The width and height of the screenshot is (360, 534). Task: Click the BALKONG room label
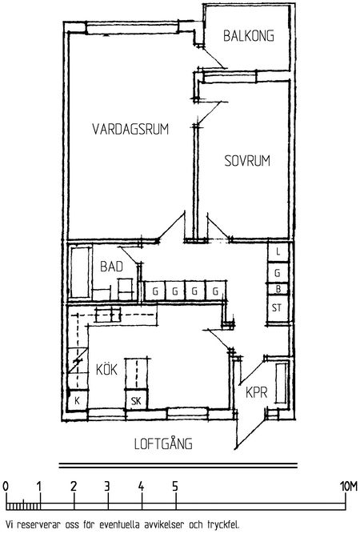(x=248, y=36)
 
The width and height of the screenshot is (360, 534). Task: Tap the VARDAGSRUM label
(x=130, y=129)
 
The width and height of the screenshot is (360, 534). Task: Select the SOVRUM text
(x=247, y=161)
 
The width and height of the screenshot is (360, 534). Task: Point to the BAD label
(x=111, y=267)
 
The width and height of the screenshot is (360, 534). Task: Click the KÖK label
(x=106, y=369)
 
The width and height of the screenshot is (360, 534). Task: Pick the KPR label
(x=257, y=392)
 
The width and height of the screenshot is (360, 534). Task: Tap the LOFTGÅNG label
(x=163, y=444)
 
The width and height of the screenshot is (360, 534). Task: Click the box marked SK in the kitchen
(x=136, y=400)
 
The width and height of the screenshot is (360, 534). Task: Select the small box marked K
(x=78, y=400)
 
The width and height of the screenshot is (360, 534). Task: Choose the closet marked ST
(x=278, y=308)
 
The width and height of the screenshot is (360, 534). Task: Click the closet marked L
(x=278, y=251)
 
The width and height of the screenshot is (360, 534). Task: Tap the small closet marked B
(x=278, y=289)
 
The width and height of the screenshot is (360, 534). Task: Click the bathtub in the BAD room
(x=80, y=272)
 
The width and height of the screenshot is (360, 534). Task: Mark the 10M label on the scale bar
(x=349, y=487)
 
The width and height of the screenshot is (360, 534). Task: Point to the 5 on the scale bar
(x=175, y=487)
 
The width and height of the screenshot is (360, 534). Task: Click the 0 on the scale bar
(x=5, y=487)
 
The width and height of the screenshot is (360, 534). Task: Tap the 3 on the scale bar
(x=107, y=487)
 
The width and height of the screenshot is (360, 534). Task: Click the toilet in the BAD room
(x=125, y=289)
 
